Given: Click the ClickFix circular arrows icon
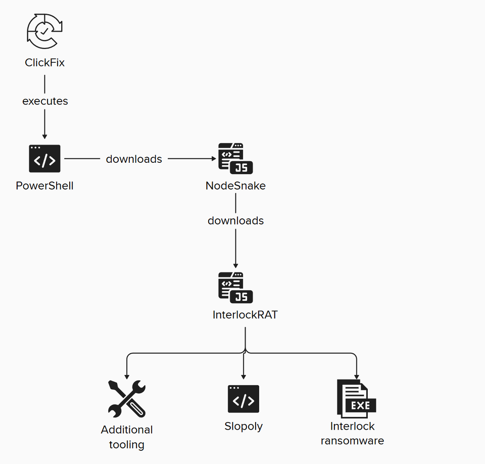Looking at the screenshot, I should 44,31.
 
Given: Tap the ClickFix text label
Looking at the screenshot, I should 45,63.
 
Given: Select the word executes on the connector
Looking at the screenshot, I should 45,101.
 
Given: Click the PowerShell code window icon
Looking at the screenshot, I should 44,159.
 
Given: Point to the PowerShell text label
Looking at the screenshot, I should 44,185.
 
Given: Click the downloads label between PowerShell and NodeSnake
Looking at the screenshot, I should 134,159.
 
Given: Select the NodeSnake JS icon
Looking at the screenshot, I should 235,159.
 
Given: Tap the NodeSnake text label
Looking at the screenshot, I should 235,185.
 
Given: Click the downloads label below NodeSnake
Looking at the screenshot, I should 235,221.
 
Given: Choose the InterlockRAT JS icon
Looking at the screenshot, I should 235,288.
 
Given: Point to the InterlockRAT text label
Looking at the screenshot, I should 245,315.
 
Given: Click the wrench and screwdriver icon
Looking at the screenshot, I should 127,399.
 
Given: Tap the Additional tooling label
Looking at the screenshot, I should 127,437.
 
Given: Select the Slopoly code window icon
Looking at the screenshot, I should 244,399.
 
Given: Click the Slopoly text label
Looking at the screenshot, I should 244,426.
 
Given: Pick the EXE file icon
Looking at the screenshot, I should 356,399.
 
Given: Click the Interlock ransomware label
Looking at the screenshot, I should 353,433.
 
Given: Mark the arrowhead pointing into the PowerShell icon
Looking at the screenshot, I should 44,136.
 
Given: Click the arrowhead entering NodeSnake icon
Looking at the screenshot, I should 213,159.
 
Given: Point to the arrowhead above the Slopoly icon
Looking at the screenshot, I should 244,377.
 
